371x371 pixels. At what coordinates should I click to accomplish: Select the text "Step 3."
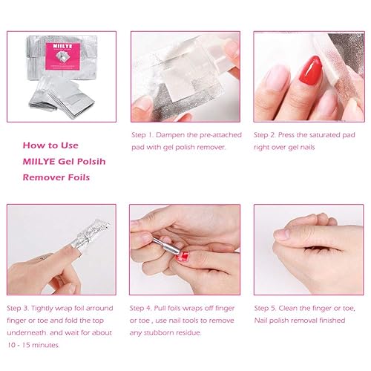tap(18, 308)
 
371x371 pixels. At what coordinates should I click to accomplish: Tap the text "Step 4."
tap(141, 308)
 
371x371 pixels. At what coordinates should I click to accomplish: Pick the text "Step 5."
tap(265, 308)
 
